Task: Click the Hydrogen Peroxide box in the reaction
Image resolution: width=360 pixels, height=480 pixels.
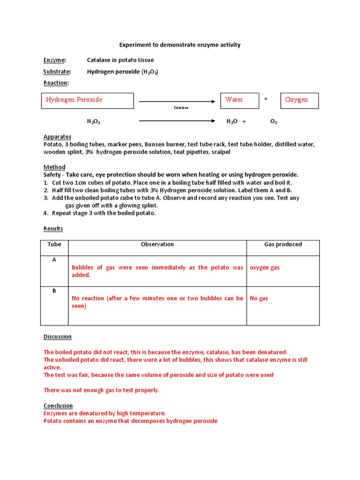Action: coord(87,100)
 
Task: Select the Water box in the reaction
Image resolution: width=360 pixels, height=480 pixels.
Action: coord(240,100)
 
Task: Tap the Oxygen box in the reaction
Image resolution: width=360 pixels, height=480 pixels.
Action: coord(300,100)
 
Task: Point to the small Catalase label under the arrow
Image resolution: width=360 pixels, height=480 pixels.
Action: coord(181,108)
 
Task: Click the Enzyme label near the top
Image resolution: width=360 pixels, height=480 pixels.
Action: coord(54,60)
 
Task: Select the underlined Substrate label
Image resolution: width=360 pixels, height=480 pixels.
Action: coord(57,72)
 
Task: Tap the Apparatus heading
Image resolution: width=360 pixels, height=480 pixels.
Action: coord(57,137)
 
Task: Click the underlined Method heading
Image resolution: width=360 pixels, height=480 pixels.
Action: coord(54,167)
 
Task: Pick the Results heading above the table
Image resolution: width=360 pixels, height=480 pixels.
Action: coord(53,229)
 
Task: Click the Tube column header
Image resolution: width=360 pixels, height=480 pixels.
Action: coord(54,244)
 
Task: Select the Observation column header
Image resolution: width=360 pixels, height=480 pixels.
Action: coord(157,244)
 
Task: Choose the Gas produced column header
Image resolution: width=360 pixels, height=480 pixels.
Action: coord(283,244)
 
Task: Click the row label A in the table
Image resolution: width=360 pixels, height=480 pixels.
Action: coord(54,260)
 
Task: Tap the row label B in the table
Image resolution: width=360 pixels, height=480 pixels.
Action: coord(54,291)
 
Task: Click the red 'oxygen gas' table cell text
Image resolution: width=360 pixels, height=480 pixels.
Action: coord(265,268)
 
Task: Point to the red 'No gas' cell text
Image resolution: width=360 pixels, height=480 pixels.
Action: coord(259,298)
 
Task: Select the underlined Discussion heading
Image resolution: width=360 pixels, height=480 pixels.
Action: coord(58,337)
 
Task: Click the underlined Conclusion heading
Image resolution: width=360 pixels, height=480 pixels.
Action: coord(58,405)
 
